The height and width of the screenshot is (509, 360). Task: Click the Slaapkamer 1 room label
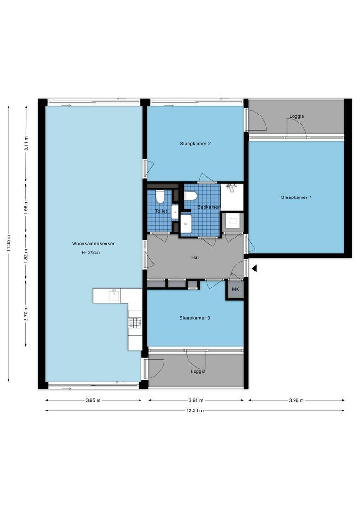pos(296,197)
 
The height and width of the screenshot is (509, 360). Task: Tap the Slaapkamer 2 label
pos(196,143)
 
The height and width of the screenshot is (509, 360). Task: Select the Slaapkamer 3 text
pos(195,318)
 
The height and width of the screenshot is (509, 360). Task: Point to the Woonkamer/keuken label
pos(94,244)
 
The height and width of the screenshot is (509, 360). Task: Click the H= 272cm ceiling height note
pos(91,252)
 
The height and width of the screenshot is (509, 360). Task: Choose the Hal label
pos(195,257)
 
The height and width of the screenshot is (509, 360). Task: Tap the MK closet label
pos(235,289)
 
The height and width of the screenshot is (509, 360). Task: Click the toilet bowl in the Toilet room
pos(160,197)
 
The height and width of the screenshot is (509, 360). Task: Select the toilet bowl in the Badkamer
pos(190,196)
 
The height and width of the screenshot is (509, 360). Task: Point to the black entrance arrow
pos(254,269)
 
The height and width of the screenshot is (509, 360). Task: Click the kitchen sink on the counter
pos(114,296)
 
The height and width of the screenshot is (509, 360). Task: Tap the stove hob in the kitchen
pos(135,322)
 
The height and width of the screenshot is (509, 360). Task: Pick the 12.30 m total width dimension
pos(195,410)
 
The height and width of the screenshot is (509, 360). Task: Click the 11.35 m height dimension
pos(8,244)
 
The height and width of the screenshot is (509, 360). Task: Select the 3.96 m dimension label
pos(296,400)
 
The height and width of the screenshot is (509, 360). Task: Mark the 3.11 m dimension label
pos(26,143)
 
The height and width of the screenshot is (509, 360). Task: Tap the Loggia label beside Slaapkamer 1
pos(297,116)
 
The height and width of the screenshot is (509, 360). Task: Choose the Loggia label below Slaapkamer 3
pos(198,372)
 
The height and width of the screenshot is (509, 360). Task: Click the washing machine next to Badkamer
pos(232,221)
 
